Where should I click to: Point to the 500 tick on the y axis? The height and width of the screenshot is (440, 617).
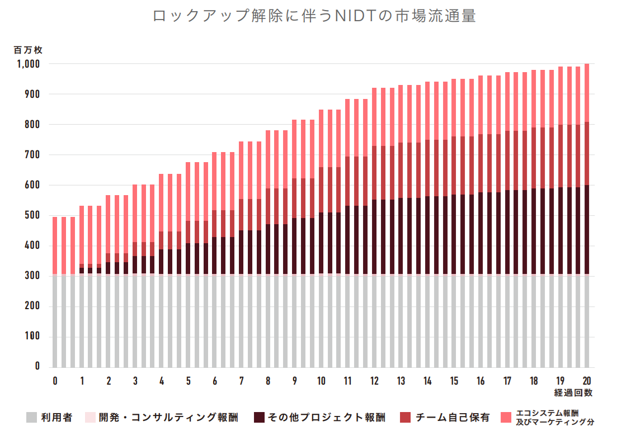pyautogui.click(x=31, y=216)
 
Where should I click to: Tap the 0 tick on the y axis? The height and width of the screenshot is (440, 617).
pyautogui.click(x=37, y=367)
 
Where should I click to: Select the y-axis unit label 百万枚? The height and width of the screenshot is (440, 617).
pyautogui.click(x=28, y=50)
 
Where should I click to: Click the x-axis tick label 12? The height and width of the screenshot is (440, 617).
pyautogui.click(x=374, y=381)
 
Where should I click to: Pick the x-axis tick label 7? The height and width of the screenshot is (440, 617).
pyautogui.click(x=241, y=381)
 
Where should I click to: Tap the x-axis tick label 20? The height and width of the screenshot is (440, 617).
pyautogui.click(x=587, y=381)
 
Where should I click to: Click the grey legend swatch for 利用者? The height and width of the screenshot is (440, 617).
pyautogui.click(x=32, y=417)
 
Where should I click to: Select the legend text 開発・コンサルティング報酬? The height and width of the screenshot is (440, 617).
pyautogui.click(x=168, y=417)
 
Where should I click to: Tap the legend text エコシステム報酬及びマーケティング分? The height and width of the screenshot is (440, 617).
pyautogui.click(x=554, y=417)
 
